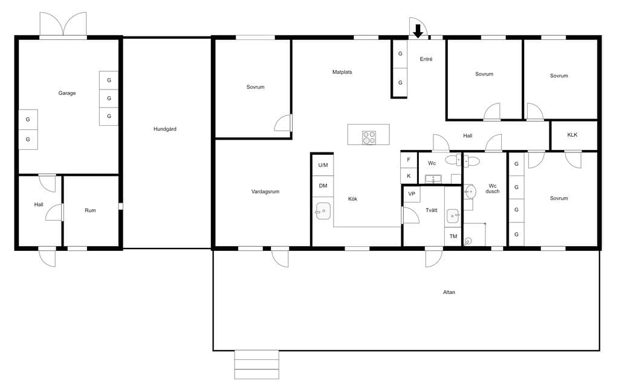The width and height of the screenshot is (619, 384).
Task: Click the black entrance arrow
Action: point(418,31)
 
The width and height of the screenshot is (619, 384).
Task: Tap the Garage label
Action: point(67,93)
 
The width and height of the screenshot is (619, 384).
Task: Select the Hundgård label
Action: point(165,129)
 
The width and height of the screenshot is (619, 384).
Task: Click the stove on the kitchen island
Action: point(369,138)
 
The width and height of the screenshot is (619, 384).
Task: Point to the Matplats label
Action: point(342,73)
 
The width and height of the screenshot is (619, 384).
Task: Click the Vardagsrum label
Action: point(265,192)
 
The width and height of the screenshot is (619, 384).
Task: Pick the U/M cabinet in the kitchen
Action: point(323,165)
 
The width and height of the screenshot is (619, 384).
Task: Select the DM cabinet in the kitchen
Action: point(323,186)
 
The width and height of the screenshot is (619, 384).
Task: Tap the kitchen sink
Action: point(323,211)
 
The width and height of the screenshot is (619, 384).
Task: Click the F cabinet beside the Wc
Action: point(409,160)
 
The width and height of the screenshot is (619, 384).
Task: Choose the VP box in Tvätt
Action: point(412,194)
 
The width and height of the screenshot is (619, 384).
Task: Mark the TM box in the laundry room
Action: point(453,236)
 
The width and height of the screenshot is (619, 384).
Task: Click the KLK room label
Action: point(572,135)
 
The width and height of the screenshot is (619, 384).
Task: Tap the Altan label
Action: point(449,292)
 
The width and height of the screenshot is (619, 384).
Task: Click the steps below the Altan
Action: point(256,365)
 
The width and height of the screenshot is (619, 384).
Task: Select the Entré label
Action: point(426,59)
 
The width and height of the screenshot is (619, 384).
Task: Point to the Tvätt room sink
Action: point(453,216)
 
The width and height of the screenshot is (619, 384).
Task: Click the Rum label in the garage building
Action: point(91,210)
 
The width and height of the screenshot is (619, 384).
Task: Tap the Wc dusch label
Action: point(493,189)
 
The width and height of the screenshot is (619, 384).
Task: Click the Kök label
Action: point(352,199)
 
